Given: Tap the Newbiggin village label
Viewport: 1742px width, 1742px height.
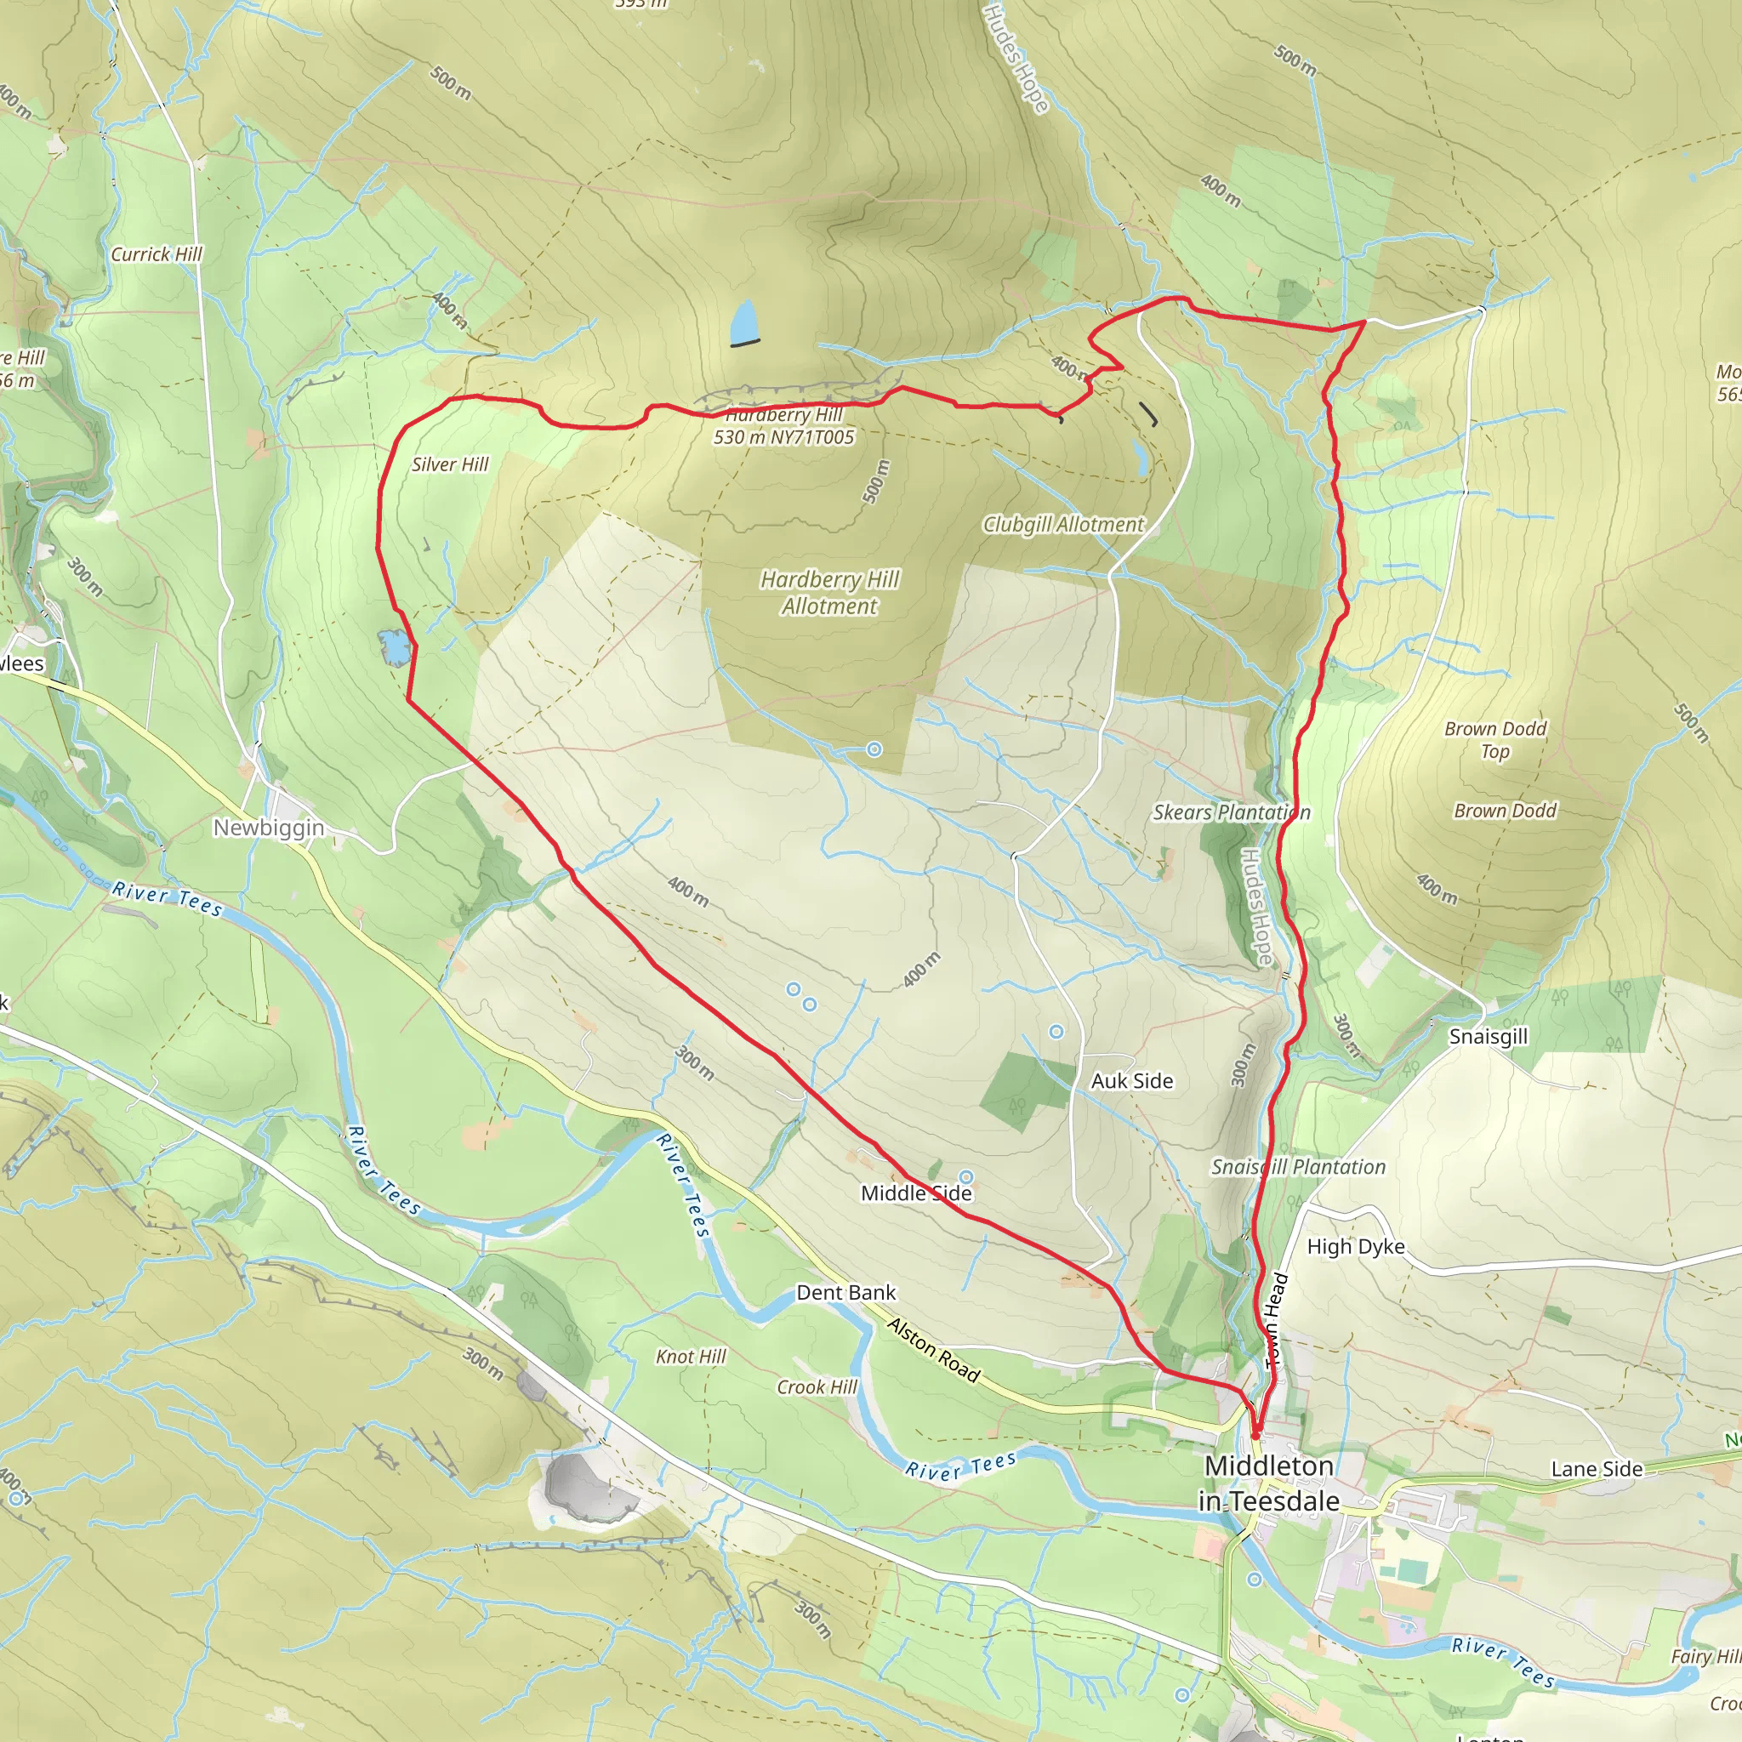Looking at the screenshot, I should point(269,827).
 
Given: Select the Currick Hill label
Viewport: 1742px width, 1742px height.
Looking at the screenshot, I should point(156,254).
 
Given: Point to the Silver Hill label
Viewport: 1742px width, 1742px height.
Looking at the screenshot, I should point(450,464).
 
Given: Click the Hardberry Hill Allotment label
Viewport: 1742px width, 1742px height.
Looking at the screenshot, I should point(829,592).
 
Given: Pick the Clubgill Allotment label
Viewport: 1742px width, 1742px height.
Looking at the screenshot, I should point(1063,524).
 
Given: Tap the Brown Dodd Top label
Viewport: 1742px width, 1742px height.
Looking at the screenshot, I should point(1495,739).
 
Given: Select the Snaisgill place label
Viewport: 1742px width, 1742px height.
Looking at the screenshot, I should point(1488,1036).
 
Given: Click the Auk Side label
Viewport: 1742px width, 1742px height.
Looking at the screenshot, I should point(1131,1080).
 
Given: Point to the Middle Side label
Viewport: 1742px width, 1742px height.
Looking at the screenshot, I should point(916,1193).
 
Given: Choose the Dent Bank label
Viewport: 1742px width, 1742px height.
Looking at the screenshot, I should point(845,1292).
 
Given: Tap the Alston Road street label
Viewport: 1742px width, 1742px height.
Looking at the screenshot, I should point(933,1350).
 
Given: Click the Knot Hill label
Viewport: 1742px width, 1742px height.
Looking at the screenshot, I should point(691,1356).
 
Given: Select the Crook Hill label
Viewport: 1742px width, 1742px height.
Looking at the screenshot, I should point(817,1386).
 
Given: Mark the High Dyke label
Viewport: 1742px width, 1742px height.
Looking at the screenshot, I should point(1355,1246).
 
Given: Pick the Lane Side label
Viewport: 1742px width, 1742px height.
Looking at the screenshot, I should point(1597,1469).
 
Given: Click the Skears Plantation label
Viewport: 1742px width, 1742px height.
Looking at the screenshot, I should point(1232,812).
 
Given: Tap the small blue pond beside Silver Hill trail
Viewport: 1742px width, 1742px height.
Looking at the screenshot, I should point(395,647).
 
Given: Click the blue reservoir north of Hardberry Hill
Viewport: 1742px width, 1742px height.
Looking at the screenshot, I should point(744,322).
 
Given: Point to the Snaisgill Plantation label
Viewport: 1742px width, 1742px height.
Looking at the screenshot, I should point(1297,1167).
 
